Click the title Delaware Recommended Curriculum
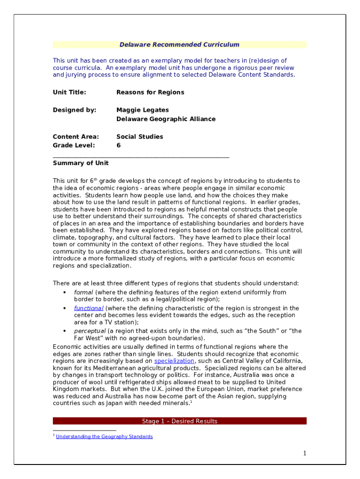[180, 45]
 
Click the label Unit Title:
[69, 93]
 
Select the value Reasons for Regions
[150, 93]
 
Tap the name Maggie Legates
[143, 110]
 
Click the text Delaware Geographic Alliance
[166, 119]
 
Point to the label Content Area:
[76, 137]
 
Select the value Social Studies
[140, 137]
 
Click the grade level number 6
[119, 145]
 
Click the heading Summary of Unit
[80, 163]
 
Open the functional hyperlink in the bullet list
[88, 309]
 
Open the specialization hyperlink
[174, 362]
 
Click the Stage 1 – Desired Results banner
[180, 421]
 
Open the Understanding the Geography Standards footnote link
[104, 437]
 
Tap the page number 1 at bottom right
[304, 453]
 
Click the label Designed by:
[74, 110]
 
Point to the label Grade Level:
[74, 145]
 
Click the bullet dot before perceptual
[64, 331]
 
